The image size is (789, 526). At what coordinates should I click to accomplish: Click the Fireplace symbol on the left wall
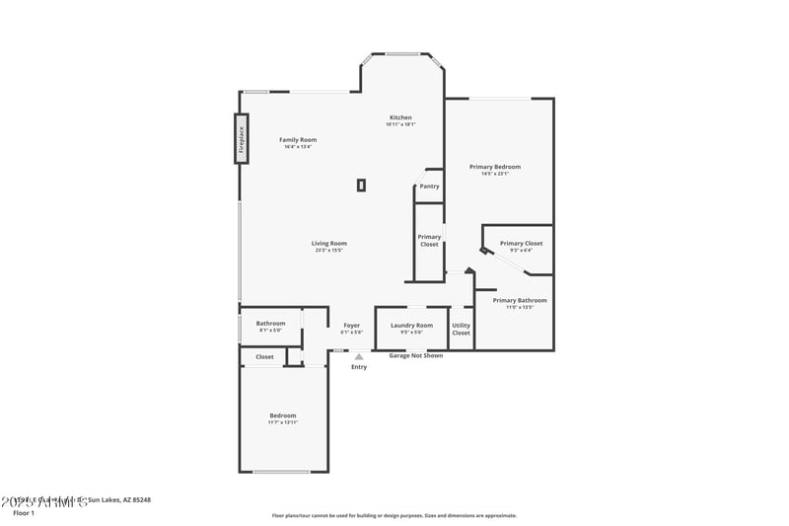[240, 138]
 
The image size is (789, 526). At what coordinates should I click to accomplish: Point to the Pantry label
[429, 186]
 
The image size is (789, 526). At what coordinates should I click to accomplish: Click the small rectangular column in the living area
[361, 184]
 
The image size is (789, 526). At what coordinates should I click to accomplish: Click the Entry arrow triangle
[359, 357]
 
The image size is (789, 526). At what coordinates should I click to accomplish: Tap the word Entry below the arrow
[359, 367]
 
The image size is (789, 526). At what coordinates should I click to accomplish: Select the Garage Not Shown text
[415, 355]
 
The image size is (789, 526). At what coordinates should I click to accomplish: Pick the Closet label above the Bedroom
[264, 356]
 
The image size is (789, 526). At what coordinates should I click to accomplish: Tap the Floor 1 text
[24, 513]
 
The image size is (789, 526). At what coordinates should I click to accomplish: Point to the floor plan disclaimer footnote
[394, 515]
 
